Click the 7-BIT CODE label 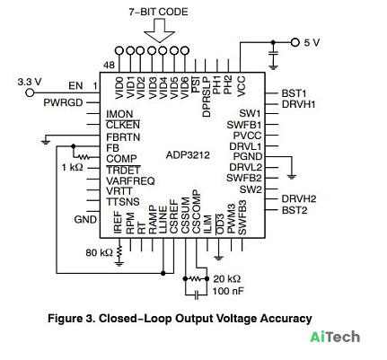(x=158, y=12)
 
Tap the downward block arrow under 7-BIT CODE (x=159, y=31)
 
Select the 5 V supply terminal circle (x=295, y=42)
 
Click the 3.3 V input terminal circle (x=30, y=92)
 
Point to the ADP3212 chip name (x=188, y=155)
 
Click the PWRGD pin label (x=63, y=102)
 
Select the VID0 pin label (x=119, y=88)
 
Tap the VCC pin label (x=242, y=86)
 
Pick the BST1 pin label (x=294, y=93)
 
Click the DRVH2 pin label (x=299, y=198)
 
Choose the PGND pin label (x=248, y=156)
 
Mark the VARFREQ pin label (x=130, y=181)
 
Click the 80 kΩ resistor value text (x=99, y=252)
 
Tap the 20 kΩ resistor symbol (x=196, y=279)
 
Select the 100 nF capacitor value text (x=228, y=291)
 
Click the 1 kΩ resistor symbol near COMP (x=84, y=156)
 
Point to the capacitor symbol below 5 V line (x=273, y=54)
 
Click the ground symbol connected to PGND (x=292, y=176)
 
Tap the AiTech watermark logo (x=335, y=337)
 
